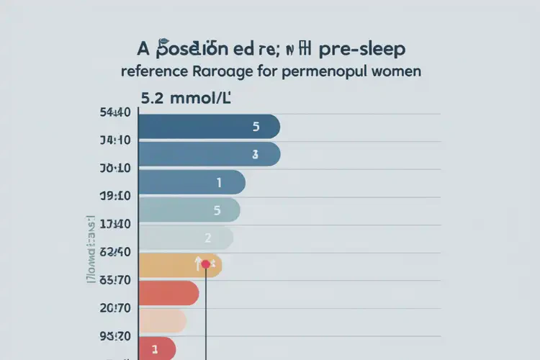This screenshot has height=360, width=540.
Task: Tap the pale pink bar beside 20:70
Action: point(162,320)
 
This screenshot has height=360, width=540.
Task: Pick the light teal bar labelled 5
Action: point(189,210)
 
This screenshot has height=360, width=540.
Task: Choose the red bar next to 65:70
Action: point(168,293)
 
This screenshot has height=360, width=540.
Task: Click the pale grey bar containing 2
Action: point(185,238)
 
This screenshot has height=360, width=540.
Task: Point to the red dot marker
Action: point(206,264)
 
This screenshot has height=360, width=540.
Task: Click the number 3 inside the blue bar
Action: point(255,154)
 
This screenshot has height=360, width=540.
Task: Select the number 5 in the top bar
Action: point(256,127)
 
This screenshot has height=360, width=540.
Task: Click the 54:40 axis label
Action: point(115,112)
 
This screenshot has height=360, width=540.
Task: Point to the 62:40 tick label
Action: point(115,252)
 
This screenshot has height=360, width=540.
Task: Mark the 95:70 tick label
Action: point(115,336)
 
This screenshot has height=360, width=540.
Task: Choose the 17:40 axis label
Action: point(115,224)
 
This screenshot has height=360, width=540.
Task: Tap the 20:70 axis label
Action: point(115,307)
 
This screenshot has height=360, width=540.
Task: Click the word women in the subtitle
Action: point(395,72)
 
